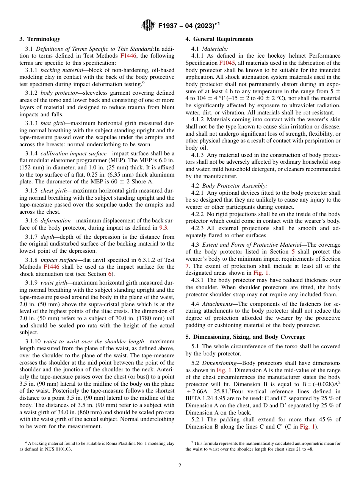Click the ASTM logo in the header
[148, 25]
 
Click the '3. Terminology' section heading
[40, 39]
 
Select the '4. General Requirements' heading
[219, 39]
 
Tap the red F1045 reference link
[227, 63]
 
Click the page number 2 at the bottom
[180, 465]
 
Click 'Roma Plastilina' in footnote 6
[114, 443]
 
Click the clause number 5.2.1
[198, 419]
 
